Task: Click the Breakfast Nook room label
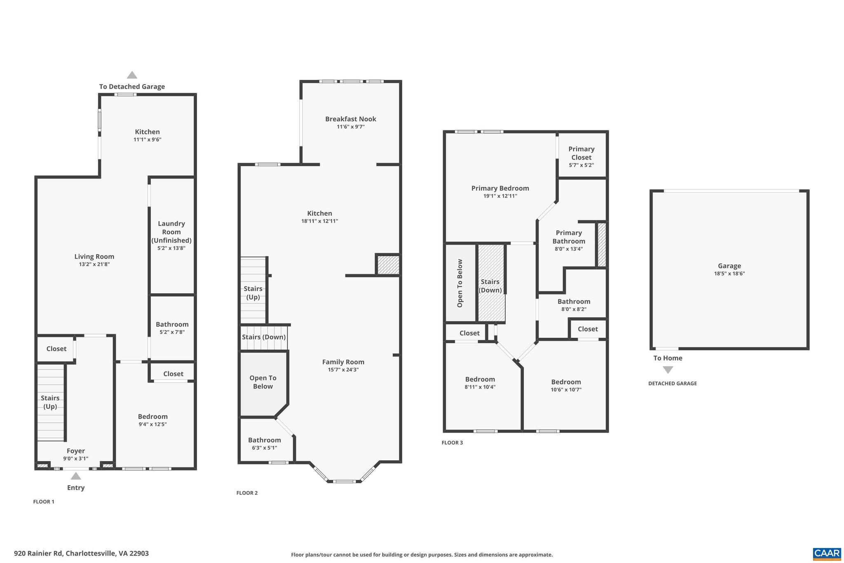point(350,119)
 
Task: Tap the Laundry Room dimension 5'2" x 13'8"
point(171,248)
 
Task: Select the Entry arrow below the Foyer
point(76,476)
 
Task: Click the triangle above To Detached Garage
point(132,75)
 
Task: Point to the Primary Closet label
point(581,153)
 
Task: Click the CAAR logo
point(827,553)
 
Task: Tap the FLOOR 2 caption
point(247,493)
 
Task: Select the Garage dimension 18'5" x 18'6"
point(729,273)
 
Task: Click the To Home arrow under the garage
point(668,370)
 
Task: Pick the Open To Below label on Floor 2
point(263,382)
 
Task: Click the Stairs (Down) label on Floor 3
point(490,286)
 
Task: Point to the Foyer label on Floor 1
point(76,451)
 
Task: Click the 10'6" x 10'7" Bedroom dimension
point(566,390)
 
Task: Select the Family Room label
point(343,362)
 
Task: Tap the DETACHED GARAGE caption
point(672,384)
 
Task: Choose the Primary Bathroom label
point(569,237)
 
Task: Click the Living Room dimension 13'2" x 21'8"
point(94,264)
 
